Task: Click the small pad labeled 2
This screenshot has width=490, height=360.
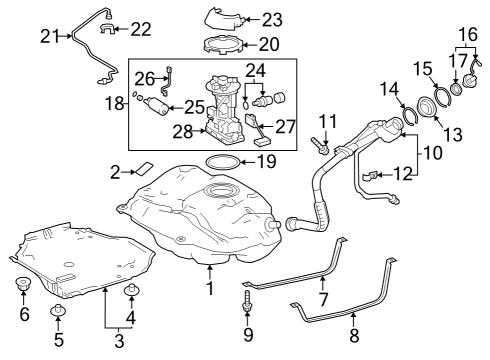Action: (x=143, y=168)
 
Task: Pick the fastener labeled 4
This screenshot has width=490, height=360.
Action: (x=129, y=291)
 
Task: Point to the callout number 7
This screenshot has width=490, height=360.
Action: (x=323, y=300)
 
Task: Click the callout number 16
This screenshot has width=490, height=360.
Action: (x=466, y=33)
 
